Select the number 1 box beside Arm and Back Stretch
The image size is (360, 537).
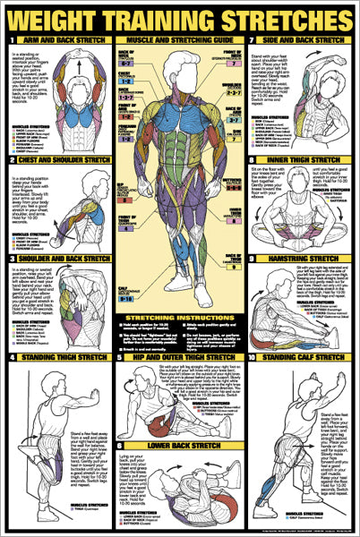pos(9,40)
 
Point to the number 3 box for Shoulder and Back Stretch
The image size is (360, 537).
pos(9,260)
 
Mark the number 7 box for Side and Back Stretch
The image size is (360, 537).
pos(253,40)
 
